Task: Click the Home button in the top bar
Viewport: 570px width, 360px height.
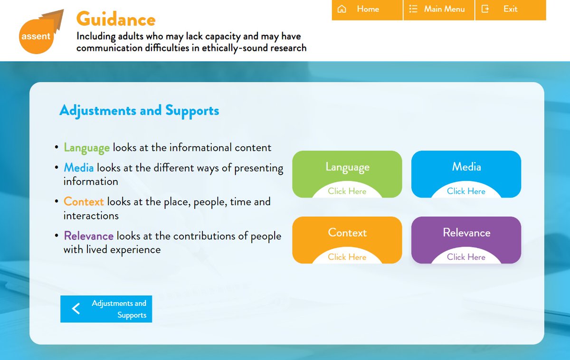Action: (367, 9)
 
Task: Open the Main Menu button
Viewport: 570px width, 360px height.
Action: (438, 9)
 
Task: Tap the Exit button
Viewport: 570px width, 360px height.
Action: (510, 9)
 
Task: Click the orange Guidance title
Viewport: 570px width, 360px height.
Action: (116, 19)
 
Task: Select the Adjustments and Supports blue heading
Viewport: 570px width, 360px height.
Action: (139, 111)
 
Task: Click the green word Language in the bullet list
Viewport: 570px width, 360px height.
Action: (87, 148)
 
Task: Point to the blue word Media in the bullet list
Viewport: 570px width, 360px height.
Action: (79, 168)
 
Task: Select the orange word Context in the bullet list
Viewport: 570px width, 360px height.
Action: (84, 202)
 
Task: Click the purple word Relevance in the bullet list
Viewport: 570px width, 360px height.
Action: (89, 236)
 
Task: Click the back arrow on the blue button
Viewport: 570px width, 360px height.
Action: (76, 309)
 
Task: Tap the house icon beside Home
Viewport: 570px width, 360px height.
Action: (342, 9)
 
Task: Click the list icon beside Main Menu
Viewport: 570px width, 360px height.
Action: (413, 9)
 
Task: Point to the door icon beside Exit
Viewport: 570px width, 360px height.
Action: (485, 9)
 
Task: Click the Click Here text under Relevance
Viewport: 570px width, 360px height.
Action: (466, 257)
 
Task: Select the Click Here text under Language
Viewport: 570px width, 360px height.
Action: (347, 191)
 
